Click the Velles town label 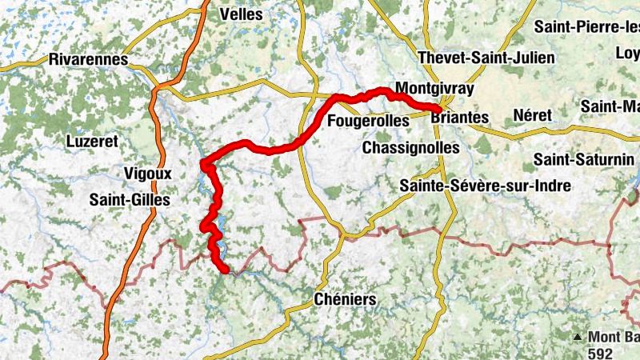(x=241, y=14)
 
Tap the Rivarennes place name (x=88, y=59)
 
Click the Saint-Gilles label (x=130, y=200)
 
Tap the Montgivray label (x=434, y=89)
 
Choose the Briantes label (x=459, y=118)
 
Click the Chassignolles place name (x=411, y=148)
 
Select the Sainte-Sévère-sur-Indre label (x=485, y=186)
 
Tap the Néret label (x=534, y=115)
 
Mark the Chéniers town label (x=344, y=300)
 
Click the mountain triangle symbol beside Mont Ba (x=578, y=337)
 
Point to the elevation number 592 (x=600, y=351)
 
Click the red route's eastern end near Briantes (x=438, y=108)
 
